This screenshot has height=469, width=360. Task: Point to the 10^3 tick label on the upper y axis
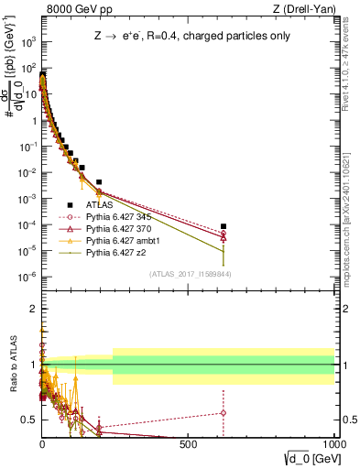[28, 43]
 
